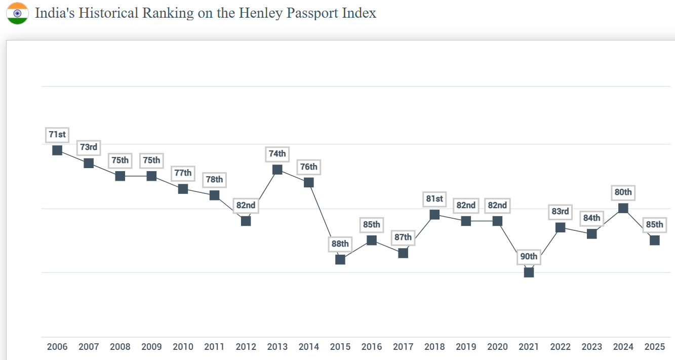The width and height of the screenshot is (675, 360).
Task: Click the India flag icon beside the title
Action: coord(17,13)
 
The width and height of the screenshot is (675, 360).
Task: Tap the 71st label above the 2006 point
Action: coord(57,135)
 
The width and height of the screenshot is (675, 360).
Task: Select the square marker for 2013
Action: coord(277,170)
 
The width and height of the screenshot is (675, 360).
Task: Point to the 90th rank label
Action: coord(529,257)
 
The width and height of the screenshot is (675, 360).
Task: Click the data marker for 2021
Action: coord(529,272)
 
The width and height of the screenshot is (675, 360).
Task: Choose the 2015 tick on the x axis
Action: coord(340,347)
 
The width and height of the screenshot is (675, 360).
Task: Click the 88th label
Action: coord(340,244)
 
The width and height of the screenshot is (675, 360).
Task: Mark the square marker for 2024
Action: coord(623,208)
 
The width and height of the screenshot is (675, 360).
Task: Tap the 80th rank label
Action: coord(623,192)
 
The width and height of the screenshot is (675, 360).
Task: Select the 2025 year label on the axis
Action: coord(655,347)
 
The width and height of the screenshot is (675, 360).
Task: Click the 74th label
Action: coord(277,154)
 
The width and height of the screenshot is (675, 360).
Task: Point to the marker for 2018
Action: coord(434,215)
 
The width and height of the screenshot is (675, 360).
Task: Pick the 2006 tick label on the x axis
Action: coord(57,347)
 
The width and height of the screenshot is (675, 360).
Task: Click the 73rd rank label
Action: coord(89,147)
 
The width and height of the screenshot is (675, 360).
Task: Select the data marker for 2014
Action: coord(309,182)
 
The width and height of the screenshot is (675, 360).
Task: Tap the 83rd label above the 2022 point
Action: coord(561,212)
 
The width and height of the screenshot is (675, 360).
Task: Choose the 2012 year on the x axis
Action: coord(246,347)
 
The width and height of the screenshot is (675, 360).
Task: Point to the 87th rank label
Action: coord(403,237)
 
